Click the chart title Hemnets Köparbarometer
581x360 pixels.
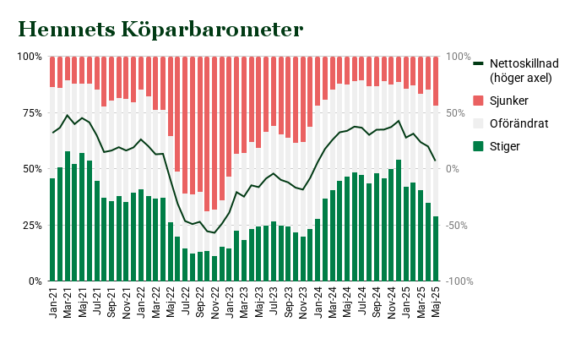[160, 30]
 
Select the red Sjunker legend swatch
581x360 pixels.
[478, 101]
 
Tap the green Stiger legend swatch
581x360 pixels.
[478, 146]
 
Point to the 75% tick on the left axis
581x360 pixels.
[30, 112]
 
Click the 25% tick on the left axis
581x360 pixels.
[30, 225]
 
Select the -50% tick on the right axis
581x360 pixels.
[457, 225]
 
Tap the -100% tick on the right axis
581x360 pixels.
[459, 281]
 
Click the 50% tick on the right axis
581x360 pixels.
[457, 112]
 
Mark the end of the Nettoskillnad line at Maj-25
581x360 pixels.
[436, 161]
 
